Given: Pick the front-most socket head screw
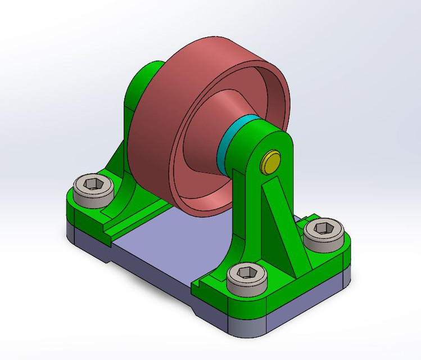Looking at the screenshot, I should [247, 277].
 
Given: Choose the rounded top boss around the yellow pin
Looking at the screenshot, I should [275, 143].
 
